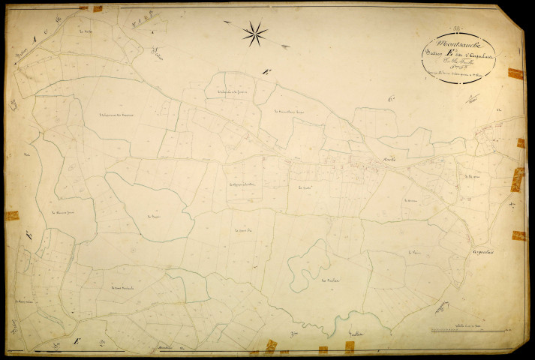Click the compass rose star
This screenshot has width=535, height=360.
pos(255,32)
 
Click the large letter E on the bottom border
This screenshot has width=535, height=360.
pos(76,342)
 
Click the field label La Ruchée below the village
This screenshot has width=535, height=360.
pos(304,187)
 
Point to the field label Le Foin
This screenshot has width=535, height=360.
pos(414,253)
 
